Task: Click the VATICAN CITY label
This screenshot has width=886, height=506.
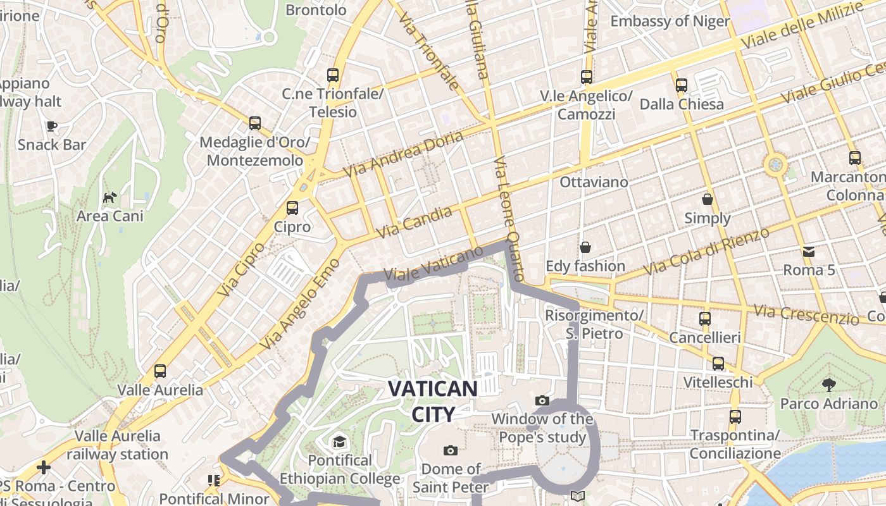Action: coord(433,401)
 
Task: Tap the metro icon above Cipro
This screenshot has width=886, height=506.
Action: coord(292,207)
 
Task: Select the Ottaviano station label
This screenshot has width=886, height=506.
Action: coord(594,182)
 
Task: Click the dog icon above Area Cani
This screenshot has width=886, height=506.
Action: coord(110,197)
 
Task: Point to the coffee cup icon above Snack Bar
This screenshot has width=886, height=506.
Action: coord(52,126)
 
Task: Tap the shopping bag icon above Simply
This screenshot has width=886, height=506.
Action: coord(708,199)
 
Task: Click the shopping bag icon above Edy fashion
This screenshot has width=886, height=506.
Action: coord(585,247)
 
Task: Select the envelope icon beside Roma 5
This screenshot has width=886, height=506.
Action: coord(808,252)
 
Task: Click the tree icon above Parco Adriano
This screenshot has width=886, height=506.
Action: coord(828,385)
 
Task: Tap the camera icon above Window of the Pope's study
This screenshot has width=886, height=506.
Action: coord(542,400)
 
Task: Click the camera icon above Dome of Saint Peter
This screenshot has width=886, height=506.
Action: coord(451,450)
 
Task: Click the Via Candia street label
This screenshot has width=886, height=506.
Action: coord(415,223)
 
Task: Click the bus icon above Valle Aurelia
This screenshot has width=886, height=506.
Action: coord(160,371)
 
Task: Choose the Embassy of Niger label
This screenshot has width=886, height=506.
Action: coord(670,21)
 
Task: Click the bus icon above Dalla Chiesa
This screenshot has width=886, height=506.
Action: coord(682,85)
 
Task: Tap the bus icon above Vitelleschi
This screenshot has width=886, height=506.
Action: coord(718,364)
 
